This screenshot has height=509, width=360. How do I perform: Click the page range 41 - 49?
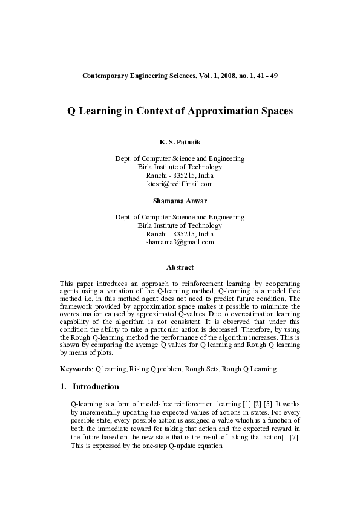point(266,76)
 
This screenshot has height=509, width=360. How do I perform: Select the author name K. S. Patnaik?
point(180,142)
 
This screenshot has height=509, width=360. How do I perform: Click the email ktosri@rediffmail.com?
point(180,184)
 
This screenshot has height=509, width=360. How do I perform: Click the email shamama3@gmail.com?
point(180,242)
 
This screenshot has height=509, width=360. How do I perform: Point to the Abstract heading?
point(180,267)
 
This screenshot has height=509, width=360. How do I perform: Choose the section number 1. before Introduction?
point(64,386)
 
